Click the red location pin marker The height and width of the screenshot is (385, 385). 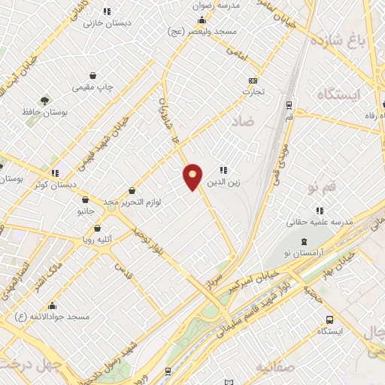coord(193,177)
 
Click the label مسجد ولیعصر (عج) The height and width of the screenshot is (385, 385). coord(203,32)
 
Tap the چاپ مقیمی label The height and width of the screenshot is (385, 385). coord(92,86)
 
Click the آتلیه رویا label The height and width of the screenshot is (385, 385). coord(97,240)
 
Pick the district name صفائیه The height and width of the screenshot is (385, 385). coord(274,366)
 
